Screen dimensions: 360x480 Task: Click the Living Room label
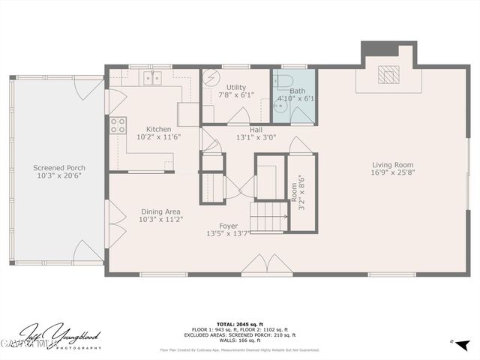click(x=393, y=165)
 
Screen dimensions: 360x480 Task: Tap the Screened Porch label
click(x=59, y=168)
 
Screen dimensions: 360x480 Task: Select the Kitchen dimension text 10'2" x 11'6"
click(x=159, y=137)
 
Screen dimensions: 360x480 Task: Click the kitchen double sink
click(x=154, y=77)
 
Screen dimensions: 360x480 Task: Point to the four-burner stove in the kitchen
click(x=118, y=125)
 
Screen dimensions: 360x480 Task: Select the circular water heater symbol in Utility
click(x=211, y=78)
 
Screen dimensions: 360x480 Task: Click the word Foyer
click(x=228, y=226)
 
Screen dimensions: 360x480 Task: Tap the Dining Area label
click(x=159, y=211)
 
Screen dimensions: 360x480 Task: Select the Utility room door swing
click(x=239, y=115)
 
